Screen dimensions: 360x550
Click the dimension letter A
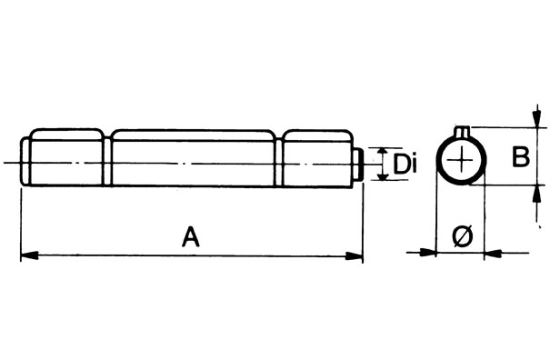190,238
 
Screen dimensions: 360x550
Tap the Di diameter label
405,165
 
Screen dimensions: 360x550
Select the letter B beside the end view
519,157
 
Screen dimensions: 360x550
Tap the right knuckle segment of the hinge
317,159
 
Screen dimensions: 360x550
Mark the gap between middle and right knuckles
279,159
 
